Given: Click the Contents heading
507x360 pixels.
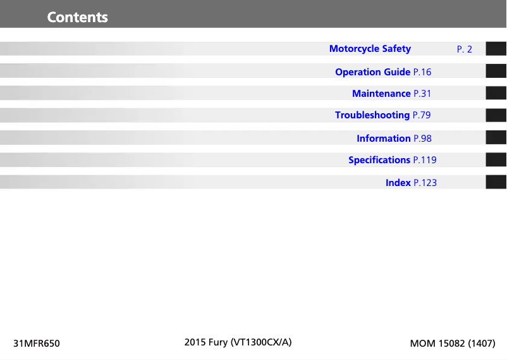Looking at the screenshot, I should point(77,17).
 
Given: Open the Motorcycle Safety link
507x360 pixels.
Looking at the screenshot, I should point(370,49).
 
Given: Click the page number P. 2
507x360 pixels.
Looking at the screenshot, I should point(464,49).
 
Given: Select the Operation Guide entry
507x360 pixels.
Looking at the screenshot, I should point(372,72).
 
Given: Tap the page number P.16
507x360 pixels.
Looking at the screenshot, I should point(422,72).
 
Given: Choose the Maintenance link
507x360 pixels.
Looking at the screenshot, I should point(381,94).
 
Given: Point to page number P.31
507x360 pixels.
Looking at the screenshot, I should point(422,94).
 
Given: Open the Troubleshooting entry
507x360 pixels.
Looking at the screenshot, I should point(372,115).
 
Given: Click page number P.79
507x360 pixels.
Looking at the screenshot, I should point(422,115).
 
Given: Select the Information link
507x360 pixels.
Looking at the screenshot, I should point(383,139).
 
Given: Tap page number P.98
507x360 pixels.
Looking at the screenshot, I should point(422,139).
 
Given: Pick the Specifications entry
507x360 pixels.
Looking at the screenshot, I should point(379,160).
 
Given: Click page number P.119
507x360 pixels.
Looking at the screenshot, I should point(425,160).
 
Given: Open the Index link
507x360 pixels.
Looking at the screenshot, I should point(398,183).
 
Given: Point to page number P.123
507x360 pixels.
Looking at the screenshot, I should point(425,183).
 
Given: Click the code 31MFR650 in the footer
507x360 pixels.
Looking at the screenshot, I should point(37,344).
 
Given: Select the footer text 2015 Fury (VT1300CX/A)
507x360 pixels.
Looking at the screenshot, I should point(238,343).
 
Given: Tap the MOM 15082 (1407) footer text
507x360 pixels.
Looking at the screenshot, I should point(453,344).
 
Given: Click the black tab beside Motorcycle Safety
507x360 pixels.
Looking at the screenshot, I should point(496,49).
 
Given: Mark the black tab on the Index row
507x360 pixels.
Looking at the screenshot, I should point(496,182).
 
